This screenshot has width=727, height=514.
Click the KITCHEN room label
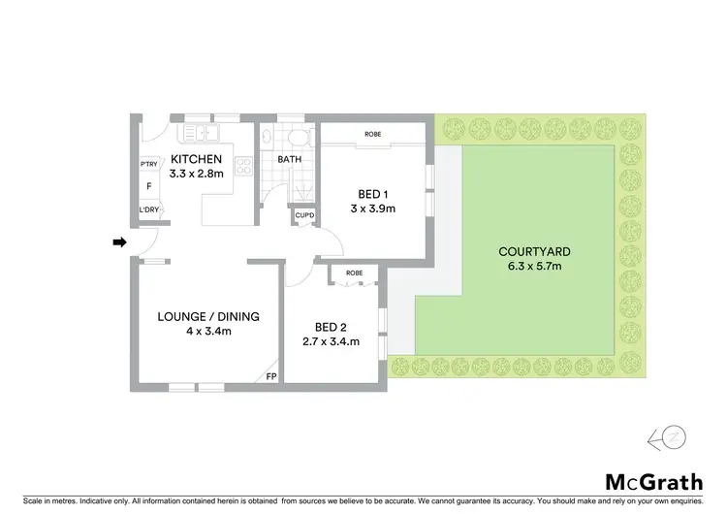point(197,160)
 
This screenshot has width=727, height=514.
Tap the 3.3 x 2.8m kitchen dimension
point(197,175)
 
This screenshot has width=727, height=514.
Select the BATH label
point(290,159)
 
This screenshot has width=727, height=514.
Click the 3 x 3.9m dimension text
point(373,208)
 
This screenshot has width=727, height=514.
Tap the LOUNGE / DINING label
point(208,316)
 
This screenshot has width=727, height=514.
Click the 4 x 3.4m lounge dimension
point(208,332)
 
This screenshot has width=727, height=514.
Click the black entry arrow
point(119,242)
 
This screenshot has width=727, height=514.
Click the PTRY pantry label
point(149,163)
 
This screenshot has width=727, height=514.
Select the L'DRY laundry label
point(149,209)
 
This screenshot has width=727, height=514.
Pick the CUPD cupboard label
point(303,215)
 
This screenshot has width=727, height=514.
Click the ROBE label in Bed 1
point(372,133)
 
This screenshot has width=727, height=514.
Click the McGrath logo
point(653,481)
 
